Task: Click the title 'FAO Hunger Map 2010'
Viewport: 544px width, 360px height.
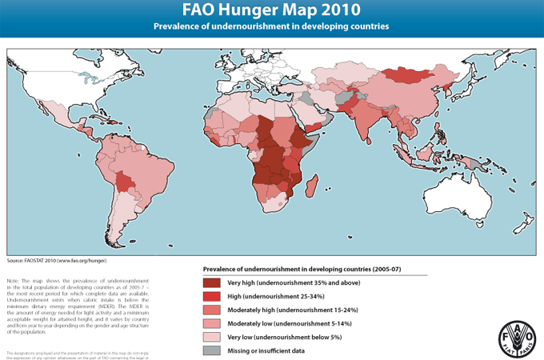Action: (x=271, y=10)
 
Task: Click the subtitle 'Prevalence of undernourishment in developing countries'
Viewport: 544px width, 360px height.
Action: (x=271, y=26)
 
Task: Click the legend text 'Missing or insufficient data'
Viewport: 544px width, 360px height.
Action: (x=269, y=350)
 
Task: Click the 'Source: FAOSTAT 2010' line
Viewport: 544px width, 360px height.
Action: (x=56, y=261)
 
